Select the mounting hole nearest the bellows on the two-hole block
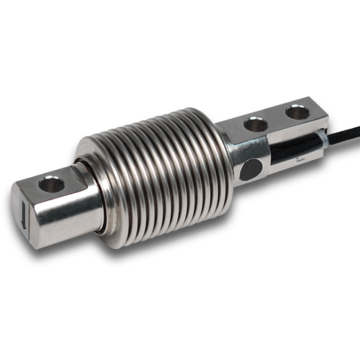point(254,125)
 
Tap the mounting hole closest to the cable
point(295,112)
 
